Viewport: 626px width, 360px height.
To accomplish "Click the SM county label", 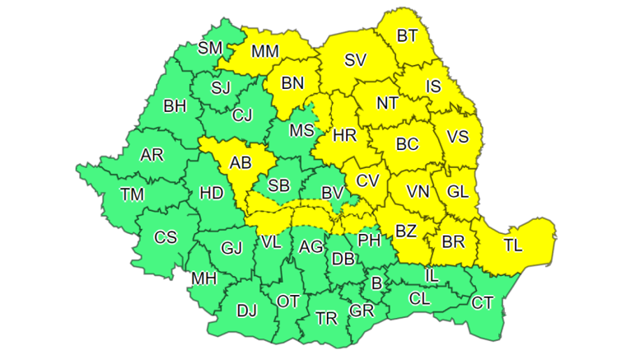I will click(x=210, y=48).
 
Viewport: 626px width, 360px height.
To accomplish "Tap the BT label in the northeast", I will click(x=407, y=35).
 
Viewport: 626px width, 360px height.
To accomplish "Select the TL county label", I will click(x=512, y=245).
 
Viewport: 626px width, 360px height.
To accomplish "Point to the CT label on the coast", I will click(x=482, y=303).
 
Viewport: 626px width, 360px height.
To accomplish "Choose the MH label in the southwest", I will click(x=203, y=278).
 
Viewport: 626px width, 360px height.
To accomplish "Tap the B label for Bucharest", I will click(x=377, y=283).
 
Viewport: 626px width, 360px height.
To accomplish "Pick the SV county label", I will click(x=356, y=59).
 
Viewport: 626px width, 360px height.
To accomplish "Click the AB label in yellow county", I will click(x=240, y=162).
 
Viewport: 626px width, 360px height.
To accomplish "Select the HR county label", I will click(x=343, y=134).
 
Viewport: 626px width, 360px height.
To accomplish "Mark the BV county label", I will click(x=332, y=192).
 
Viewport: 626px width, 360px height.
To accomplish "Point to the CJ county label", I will click(x=242, y=115).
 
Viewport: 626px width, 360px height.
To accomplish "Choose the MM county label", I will click(x=265, y=51).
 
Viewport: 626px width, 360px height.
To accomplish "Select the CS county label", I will click(x=166, y=237).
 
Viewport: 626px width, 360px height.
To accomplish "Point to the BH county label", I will click(x=175, y=105).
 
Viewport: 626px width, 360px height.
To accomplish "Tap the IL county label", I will click(x=431, y=274).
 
